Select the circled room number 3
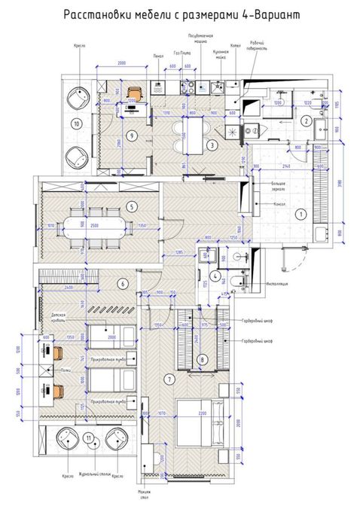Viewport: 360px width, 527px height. (x=213, y=145)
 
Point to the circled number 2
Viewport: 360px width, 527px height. (x=307, y=120)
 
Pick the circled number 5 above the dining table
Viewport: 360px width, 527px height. (x=131, y=206)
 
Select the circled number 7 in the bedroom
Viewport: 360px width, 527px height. (x=201, y=360)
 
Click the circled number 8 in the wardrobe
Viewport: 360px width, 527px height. (x=202, y=360)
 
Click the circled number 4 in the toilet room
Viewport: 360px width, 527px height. (x=216, y=276)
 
